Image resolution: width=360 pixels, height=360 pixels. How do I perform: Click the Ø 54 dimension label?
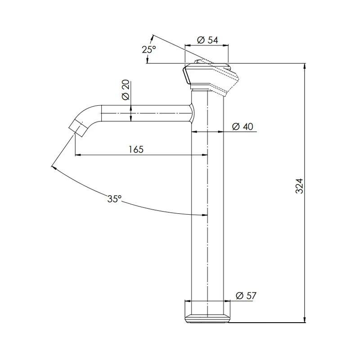click(207, 40)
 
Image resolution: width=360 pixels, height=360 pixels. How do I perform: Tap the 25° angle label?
click(149, 49)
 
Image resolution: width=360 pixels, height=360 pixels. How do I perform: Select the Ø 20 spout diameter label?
click(126, 91)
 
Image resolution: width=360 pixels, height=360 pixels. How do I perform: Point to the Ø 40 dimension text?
click(243, 127)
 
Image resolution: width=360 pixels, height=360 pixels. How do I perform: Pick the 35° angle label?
click(114, 198)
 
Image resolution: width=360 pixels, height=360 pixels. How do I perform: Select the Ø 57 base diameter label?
click(246, 296)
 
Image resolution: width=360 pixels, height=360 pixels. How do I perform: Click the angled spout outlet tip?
click(78, 128)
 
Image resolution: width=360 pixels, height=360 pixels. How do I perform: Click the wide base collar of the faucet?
click(207, 311)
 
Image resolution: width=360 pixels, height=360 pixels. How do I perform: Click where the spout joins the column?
click(192, 112)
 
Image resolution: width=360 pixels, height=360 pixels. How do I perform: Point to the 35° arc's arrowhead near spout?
click(54, 168)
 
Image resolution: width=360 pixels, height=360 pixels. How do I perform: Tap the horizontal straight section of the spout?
click(144, 113)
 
